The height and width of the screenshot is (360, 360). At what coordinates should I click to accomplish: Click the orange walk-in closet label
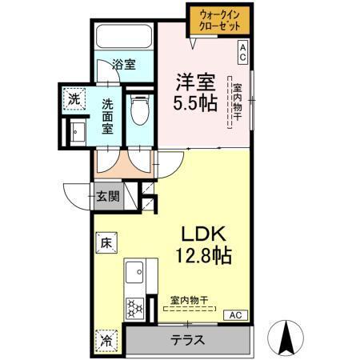click(218, 19)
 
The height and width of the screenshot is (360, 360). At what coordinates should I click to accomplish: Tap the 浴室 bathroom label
click(122, 63)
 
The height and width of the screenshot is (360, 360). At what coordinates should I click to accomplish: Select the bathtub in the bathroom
click(124, 38)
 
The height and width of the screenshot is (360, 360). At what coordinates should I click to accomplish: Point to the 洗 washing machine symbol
click(73, 99)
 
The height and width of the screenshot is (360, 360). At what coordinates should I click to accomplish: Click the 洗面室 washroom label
click(108, 118)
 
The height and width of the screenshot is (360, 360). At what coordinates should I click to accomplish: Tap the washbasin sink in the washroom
click(78, 132)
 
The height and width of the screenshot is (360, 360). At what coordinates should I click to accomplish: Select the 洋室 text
click(194, 81)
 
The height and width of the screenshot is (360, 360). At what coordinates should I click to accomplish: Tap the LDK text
click(204, 234)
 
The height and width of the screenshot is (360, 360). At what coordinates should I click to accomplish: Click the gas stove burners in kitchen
click(134, 306)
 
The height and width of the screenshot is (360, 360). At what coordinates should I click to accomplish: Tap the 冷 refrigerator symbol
click(106, 338)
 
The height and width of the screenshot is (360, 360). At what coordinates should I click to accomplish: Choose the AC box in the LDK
click(235, 315)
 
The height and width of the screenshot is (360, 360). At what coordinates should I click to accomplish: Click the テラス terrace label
click(186, 339)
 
